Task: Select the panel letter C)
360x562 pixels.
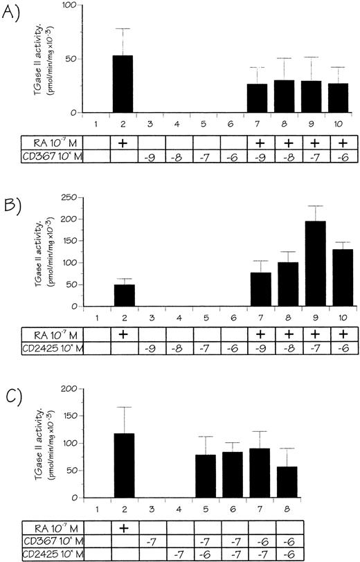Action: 10,380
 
